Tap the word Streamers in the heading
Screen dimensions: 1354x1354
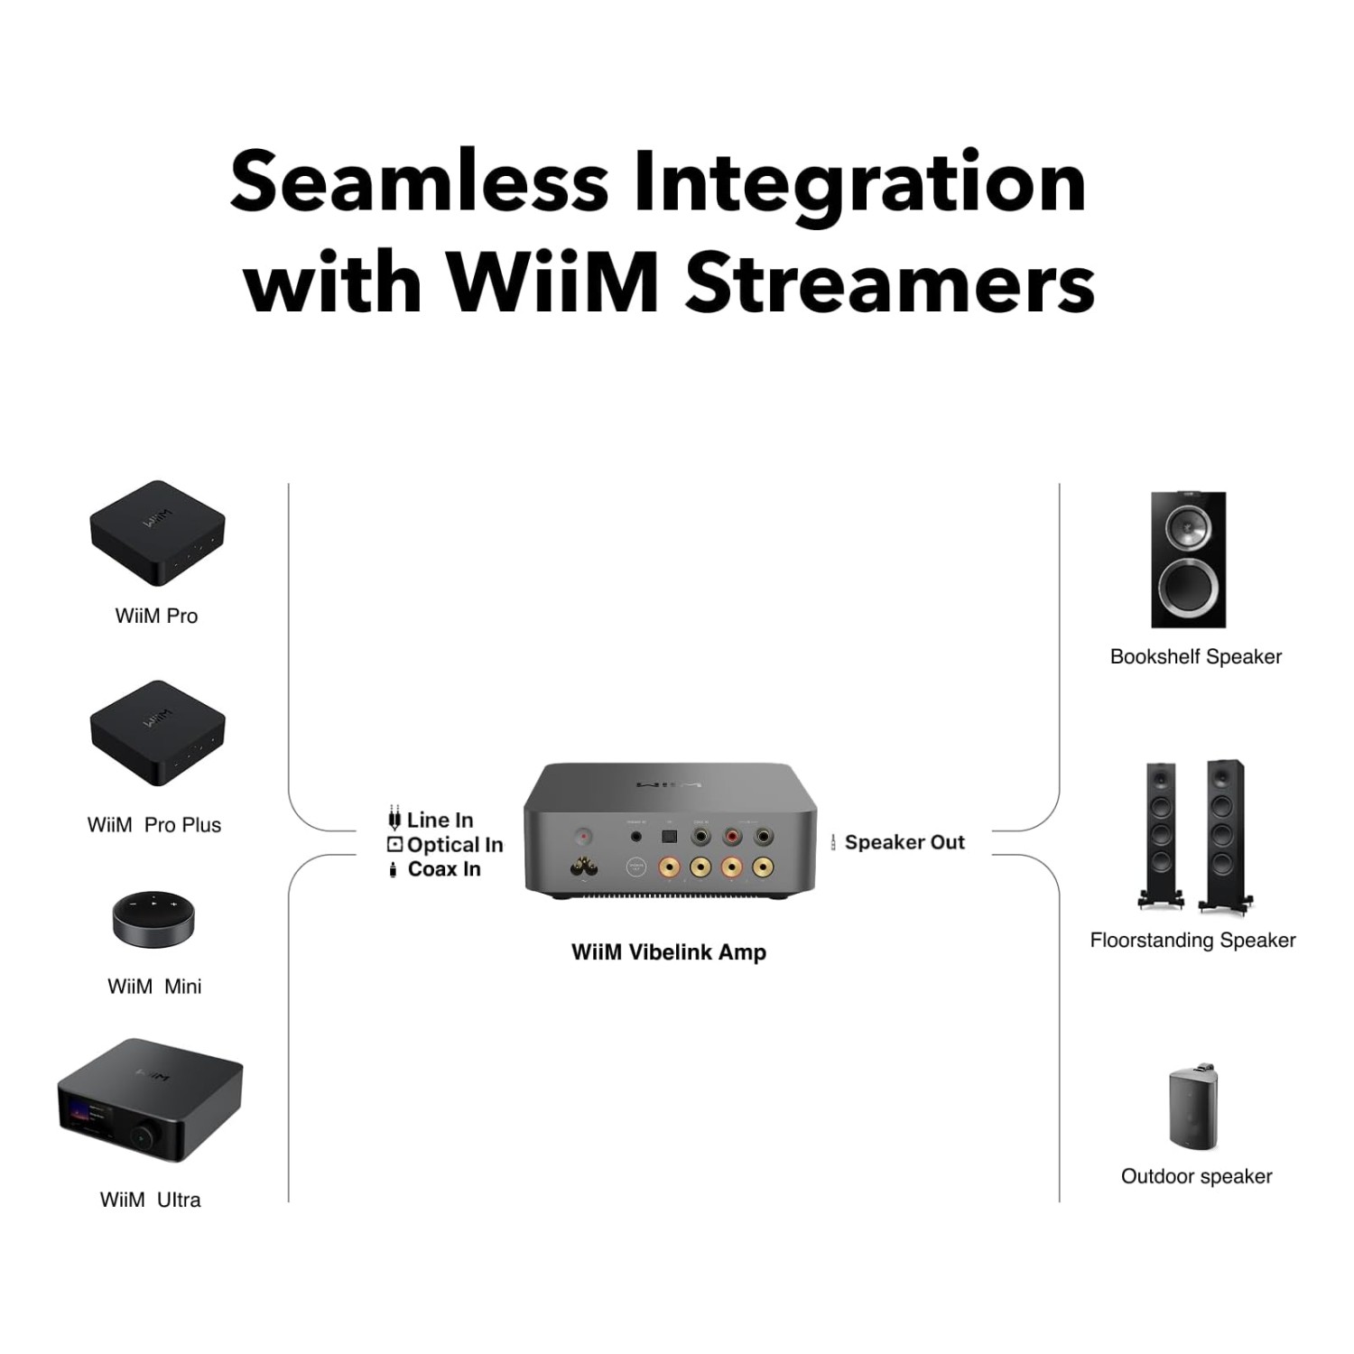[x=890, y=283]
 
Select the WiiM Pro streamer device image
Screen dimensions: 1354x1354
[x=157, y=533]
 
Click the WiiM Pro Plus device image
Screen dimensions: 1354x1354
[x=157, y=733]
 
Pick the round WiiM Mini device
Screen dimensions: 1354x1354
[x=154, y=921]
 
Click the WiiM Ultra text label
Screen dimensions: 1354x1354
[x=151, y=1200]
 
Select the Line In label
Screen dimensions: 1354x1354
[x=440, y=820]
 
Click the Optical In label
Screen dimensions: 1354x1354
[x=454, y=845]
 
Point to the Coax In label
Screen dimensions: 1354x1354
[x=444, y=869]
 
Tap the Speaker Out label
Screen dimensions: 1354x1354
[x=904, y=842]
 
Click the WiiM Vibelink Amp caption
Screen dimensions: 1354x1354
[x=669, y=952]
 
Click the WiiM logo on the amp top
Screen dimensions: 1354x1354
[x=668, y=784]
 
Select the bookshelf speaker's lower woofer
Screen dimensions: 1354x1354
[x=1189, y=587]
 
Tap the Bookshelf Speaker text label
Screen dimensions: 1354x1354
[x=1196, y=657]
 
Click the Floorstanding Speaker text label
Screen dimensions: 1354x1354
[x=1192, y=941]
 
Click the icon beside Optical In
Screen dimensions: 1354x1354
[x=394, y=845]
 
